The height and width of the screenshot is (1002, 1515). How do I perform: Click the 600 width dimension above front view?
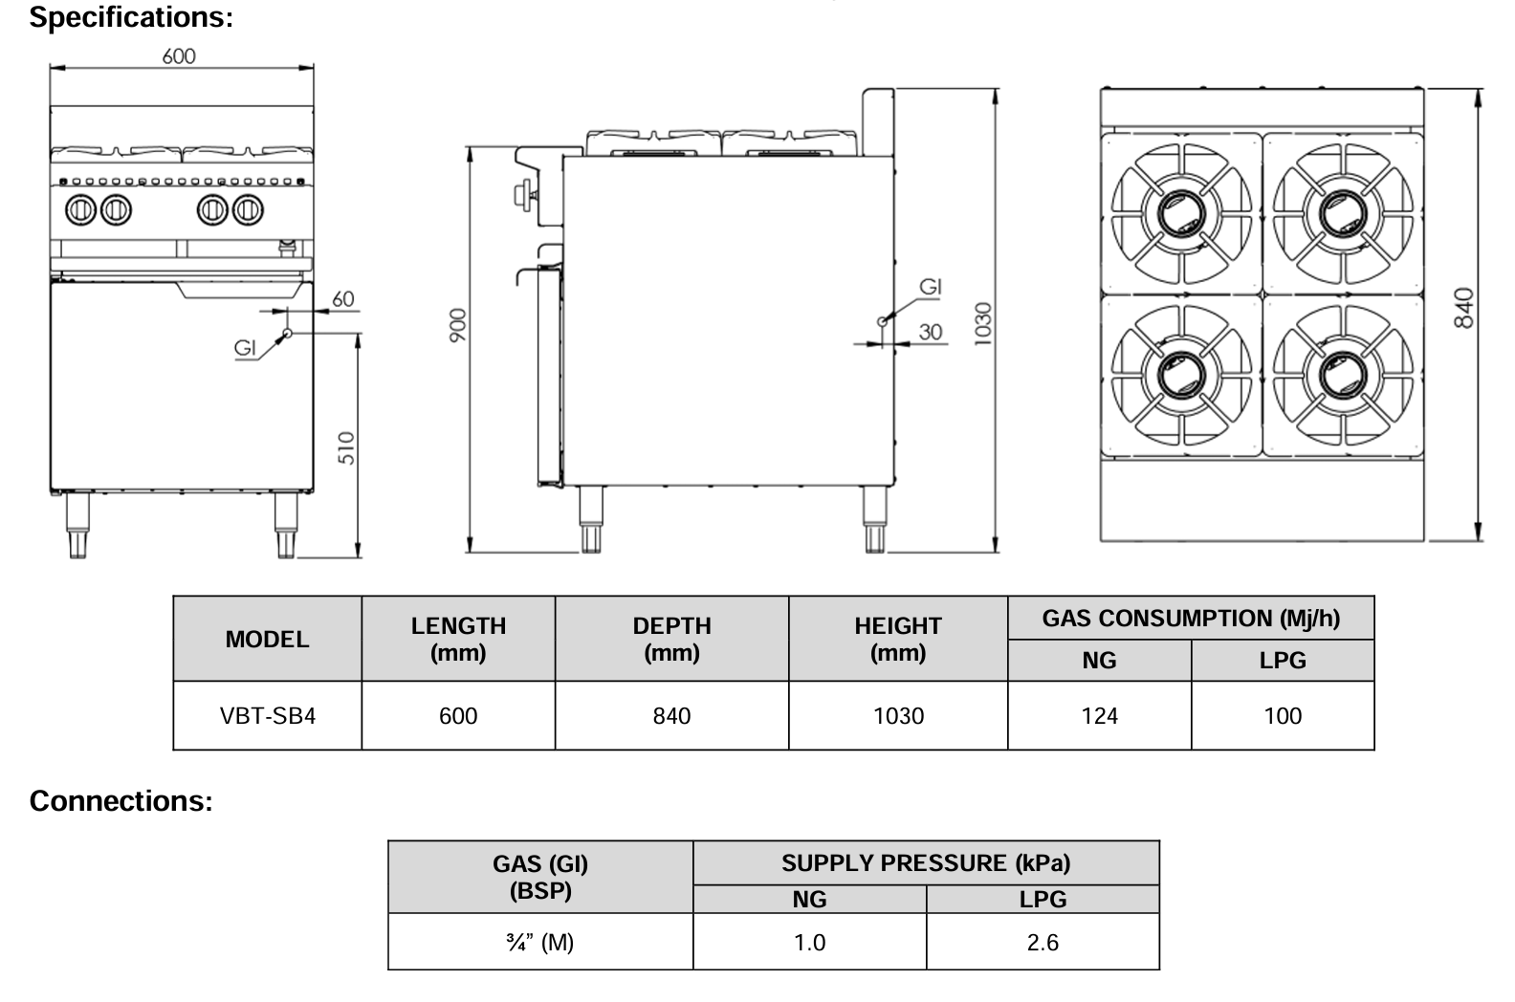tap(178, 56)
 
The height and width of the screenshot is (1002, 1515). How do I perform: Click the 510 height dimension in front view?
tap(346, 447)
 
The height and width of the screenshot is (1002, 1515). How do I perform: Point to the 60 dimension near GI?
tap(342, 299)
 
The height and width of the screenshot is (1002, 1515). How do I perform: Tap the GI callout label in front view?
tap(246, 348)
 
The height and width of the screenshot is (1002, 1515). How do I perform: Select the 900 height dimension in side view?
tap(458, 325)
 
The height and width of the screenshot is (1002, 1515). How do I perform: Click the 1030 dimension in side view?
tap(983, 323)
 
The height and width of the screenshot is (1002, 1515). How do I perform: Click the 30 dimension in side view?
tap(930, 332)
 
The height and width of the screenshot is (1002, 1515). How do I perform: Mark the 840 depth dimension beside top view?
tap(1463, 308)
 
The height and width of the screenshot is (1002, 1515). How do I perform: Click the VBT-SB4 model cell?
tap(267, 716)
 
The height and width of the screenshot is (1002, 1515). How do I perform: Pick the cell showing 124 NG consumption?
tap(1099, 716)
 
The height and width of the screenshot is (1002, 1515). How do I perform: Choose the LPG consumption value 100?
tap(1282, 716)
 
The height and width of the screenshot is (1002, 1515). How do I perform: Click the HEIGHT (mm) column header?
tap(897, 639)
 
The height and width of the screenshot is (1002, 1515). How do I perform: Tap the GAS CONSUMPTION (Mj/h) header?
tap(1190, 619)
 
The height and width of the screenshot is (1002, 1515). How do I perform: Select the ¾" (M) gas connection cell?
tap(539, 943)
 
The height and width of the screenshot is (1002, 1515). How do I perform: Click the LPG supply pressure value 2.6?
tap(1042, 943)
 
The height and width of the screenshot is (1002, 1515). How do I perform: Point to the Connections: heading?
tap(121, 801)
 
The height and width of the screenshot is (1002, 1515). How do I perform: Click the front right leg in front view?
tap(286, 526)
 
